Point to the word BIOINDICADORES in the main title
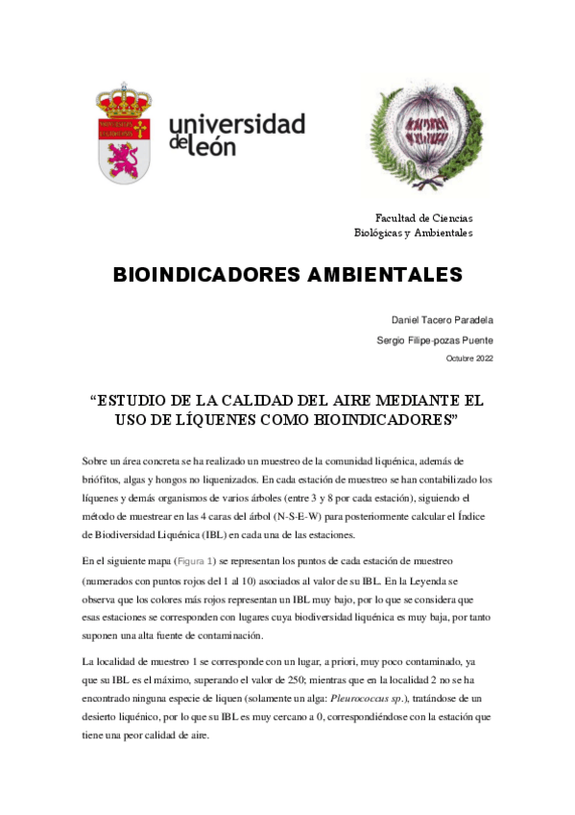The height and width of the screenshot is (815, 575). point(212,275)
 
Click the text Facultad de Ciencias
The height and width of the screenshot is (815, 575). point(423,218)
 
